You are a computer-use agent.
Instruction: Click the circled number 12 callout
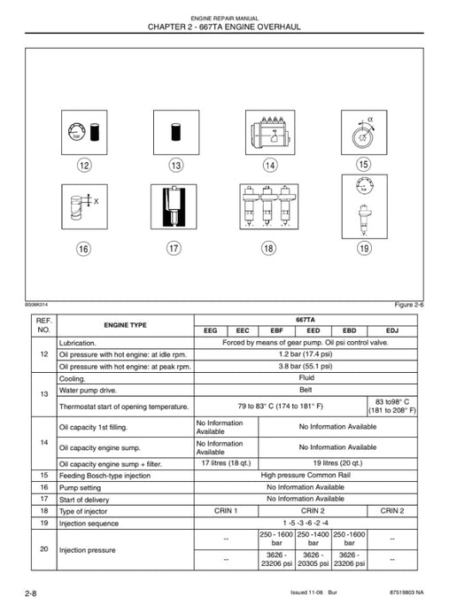(x=84, y=166)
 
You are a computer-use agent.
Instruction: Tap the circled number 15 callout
(x=363, y=164)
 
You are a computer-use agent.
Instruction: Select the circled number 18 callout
(x=268, y=248)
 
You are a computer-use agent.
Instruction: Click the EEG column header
(x=210, y=330)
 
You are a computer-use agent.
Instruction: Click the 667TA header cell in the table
(x=304, y=319)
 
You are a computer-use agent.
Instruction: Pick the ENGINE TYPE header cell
(x=126, y=324)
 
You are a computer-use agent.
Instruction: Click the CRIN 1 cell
(x=225, y=510)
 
